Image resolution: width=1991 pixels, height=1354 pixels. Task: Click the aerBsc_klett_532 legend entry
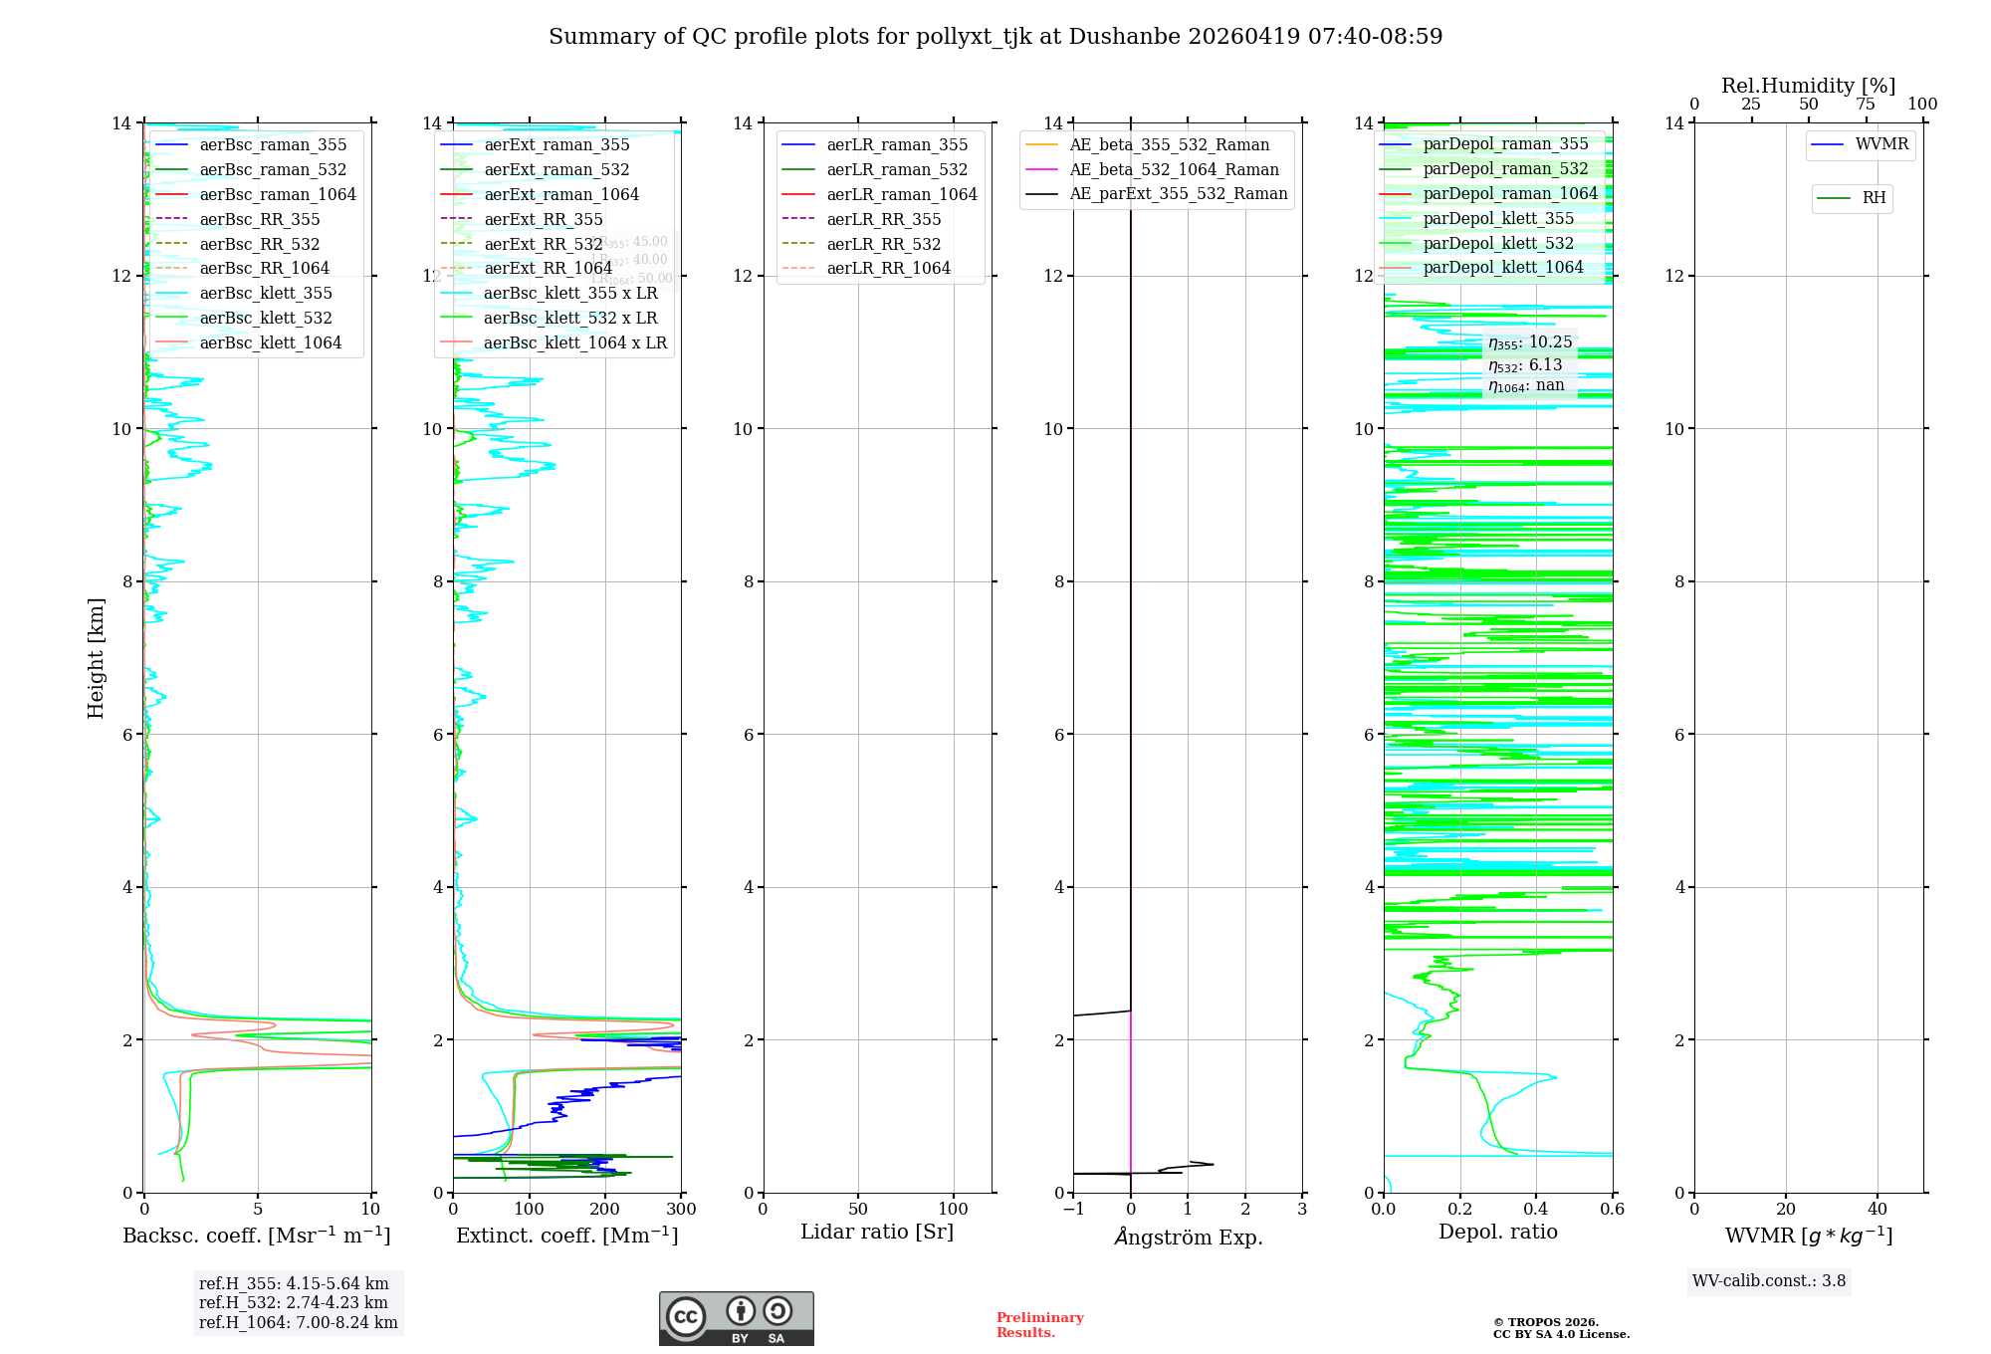pyautogui.click(x=266, y=318)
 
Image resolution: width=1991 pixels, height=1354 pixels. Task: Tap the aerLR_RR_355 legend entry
pyautogui.click(x=883, y=219)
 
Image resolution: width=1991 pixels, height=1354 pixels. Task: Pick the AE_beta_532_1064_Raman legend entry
pyautogui.click(x=1174, y=169)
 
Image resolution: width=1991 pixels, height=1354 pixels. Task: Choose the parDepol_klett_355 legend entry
pyautogui.click(x=1498, y=218)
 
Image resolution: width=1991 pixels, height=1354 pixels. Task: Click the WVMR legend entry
pyautogui.click(x=1881, y=144)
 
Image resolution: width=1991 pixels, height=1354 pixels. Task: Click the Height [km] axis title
pyautogui.click(x=96, y=657)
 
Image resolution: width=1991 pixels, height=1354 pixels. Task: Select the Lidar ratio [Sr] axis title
pyautogui.click(x=877, y=1232)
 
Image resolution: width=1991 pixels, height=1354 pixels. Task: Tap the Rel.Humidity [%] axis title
pyautogui.click(x=1808, y=86)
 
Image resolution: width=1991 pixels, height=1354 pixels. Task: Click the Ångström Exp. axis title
pyautogui.click(x=1188, y=1237)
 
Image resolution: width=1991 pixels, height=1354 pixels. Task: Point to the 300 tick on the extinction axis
pyautogui.click(x=682, y=1210)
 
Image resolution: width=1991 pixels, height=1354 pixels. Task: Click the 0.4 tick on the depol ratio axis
pyautogui.click(x=1536, y=1210)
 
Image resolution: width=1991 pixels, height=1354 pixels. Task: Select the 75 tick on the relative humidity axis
pyautogui.click(x=1866, y=105)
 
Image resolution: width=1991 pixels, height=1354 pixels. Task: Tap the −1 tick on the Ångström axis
pyautogui.click(x=1073, y=1210)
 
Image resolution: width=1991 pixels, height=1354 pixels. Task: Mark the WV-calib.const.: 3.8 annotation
pyautogui.click(x=1769, y=1281)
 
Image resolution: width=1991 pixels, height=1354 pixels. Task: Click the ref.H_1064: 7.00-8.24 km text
pyautogui.click(x=298, y=1323)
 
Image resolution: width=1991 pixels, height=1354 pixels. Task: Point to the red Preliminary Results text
pyautogui.click(x=1039, y=1325)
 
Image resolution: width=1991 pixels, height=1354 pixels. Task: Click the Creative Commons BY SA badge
pyautogui.click(x=736, y=1319)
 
